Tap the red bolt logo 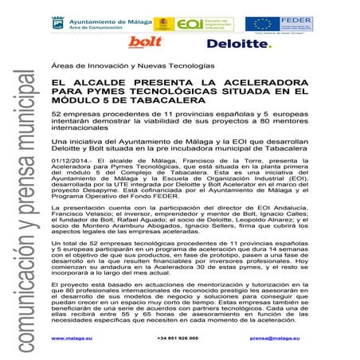tap(146, 42)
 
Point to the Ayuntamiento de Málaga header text tap(100, 19)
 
